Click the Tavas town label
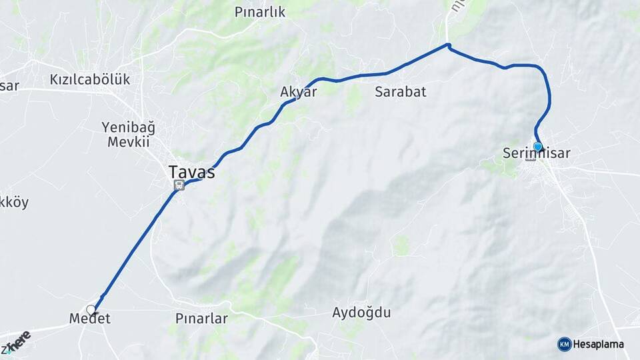click(x=192, y=172)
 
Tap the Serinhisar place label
click(x=537, y=153)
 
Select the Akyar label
click(x=299, y=92)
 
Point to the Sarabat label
click(x=400, y=92)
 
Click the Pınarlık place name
click(x=260, y=12)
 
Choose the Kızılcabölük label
click(x=90, y=79)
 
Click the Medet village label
click(x=90, y=319)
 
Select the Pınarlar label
click(x=201, y=319)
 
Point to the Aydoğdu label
click(x=361, y=313)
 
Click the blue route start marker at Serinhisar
click(x=538, y=146)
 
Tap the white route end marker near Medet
click(x=91, y=309)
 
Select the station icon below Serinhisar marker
click(x=531, y=157)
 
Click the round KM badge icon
click(x=564, y=344)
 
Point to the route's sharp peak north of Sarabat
click(x=449, y=45)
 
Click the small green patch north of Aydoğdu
click(x=401, y=245)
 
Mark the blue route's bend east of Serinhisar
click(x=549, y=97)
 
